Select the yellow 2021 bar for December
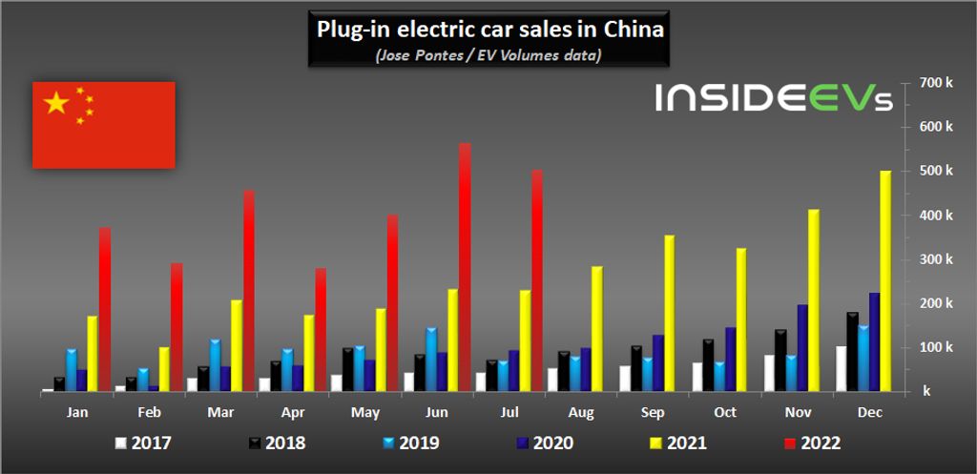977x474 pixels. pos(884,280)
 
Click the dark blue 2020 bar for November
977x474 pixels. pos(802,347)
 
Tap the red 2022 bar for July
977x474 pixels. pos(537,280)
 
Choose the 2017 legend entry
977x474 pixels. pos(142,443)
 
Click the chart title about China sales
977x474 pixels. pos(489,30)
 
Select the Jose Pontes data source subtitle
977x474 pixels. pos(488,55)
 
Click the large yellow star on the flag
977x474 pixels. pos(57,103)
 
